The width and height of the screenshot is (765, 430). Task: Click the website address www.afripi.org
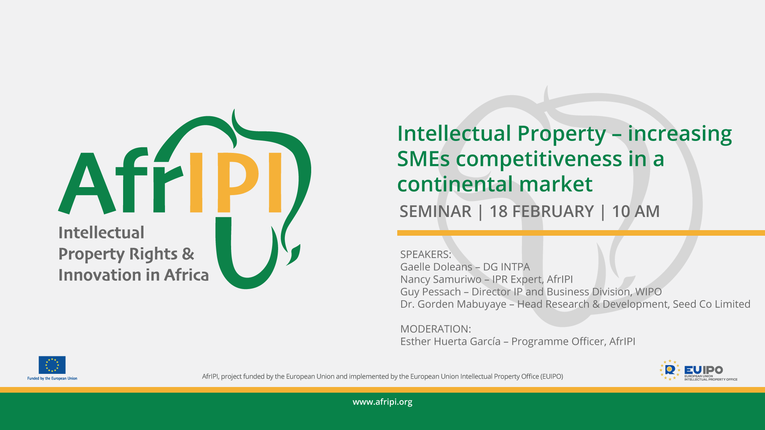(382, 402)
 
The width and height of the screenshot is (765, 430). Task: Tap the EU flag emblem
(52, 365)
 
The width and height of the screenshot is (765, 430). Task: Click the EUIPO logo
(698, 370)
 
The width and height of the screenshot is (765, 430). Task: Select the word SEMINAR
(435, 211)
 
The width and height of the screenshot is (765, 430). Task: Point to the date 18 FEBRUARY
(541, 211)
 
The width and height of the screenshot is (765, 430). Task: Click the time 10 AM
(636, 211)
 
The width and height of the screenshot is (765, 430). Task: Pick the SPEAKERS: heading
(426, 254)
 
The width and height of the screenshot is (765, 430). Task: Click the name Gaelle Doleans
(436, 267)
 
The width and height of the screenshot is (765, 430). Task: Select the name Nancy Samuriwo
(441, 279)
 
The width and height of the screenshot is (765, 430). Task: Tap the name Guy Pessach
(430, 292)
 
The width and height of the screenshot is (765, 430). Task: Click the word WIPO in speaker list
(648, 292)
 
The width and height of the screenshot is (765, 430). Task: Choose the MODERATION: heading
(435, 329)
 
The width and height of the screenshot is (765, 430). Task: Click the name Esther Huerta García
(450, 342)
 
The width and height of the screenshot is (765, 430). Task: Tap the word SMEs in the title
(423, 159)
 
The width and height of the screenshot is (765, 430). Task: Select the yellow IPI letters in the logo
(235, 182)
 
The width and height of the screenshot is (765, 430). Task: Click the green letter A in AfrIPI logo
(86, 184)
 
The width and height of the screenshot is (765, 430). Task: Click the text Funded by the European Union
(52, 379)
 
